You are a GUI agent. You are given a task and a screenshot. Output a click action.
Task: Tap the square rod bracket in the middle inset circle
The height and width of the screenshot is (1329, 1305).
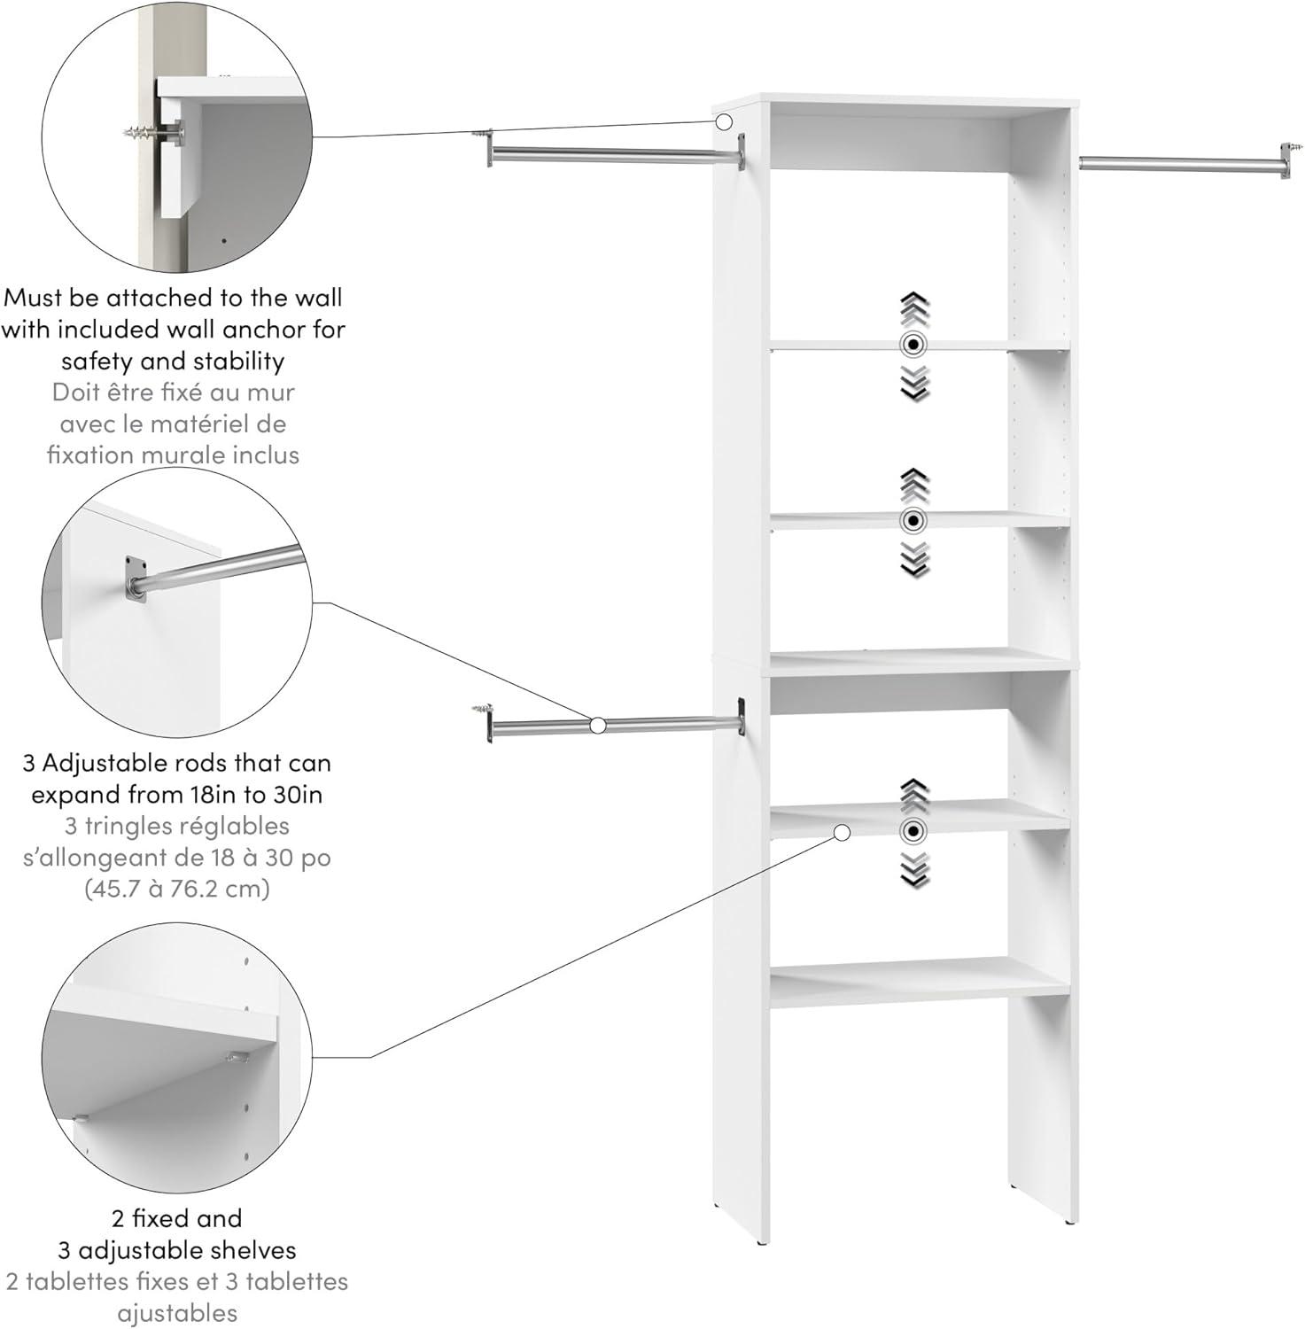(x=135, y=578)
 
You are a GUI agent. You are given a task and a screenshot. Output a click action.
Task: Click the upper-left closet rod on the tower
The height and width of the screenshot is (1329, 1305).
(x=611, y=155)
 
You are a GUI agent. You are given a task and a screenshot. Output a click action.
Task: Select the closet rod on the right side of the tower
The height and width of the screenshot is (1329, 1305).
(x=1178, y=161)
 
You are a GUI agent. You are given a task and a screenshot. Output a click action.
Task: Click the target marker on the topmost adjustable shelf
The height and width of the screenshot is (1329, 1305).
(x=913, y=345)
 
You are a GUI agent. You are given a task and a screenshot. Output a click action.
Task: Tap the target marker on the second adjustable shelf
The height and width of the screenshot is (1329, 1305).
(x=913, y=520)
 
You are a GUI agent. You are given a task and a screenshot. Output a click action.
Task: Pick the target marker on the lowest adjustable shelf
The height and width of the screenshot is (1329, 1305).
(x=913, y=831)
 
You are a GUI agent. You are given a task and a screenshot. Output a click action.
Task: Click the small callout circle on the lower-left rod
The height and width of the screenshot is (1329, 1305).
(x=597, y=726)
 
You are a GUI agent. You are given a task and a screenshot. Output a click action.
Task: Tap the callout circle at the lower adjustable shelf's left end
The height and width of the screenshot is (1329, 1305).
(x=842, y=832)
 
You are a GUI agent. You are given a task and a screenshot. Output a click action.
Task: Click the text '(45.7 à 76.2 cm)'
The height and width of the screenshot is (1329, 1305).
(x=176, y=888)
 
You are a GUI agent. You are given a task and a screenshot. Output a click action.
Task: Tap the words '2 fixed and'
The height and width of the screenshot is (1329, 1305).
(x=176, y=1218)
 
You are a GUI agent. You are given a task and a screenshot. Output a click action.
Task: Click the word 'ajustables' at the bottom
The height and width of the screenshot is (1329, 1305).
(x=176, y=1313)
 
